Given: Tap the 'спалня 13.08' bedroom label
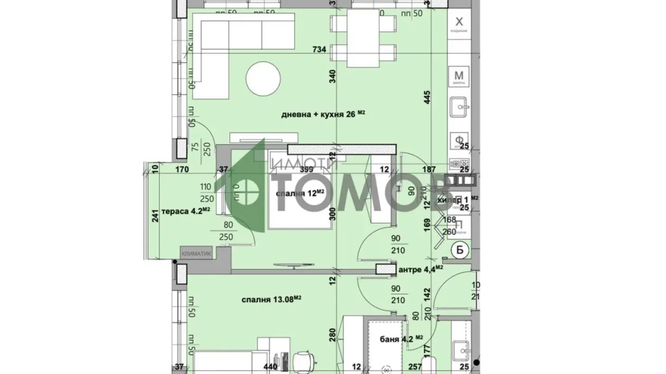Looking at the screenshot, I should [x=271, y=300].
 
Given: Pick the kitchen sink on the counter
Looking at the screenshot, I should [x=459, y=108].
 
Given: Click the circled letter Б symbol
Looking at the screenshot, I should [x=460, y=249].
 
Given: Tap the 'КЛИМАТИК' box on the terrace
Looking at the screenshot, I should [x=197, y=253].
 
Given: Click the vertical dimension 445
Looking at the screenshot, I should [x=427, y=97].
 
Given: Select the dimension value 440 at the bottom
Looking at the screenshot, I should [x=270, y=367].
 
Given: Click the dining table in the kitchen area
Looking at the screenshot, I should [x=363, y=38].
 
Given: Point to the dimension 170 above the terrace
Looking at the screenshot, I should [x=182, y=169].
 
